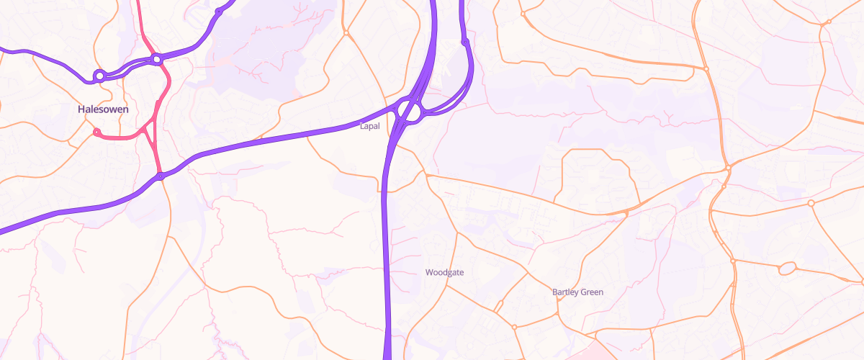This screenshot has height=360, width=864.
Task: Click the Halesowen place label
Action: [x=103, y=109]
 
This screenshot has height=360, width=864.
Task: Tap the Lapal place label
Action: [x=369, y=126]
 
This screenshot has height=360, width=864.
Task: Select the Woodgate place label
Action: [x=444, y=272]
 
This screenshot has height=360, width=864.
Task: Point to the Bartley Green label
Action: [x=577, y=292]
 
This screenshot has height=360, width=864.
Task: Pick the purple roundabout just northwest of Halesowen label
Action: [x=99, y=75]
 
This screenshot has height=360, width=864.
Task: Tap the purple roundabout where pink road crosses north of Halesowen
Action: [x=156, y=59]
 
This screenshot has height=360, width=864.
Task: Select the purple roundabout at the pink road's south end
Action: [x=161, y=176]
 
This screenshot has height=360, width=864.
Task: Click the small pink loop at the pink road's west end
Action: [x=96, y=132]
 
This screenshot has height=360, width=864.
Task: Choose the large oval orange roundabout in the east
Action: [x=786, y=269]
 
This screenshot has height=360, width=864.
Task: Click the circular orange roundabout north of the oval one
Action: [x=811, y=204]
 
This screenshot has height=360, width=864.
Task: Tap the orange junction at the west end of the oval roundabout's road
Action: [x=732, y=261]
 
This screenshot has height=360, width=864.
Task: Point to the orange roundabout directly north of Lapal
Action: [x=346, y=32]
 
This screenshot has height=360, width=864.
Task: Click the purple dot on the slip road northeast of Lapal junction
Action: [x=464, y=42]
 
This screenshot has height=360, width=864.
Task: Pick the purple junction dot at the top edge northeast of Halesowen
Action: [x=218, y=12]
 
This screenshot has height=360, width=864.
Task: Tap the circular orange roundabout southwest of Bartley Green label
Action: [x=514, y=327]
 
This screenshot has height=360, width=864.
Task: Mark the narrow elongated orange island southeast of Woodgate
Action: [x=498, y=305]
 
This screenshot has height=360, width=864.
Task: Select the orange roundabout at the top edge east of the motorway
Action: [x=522, y=12]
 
